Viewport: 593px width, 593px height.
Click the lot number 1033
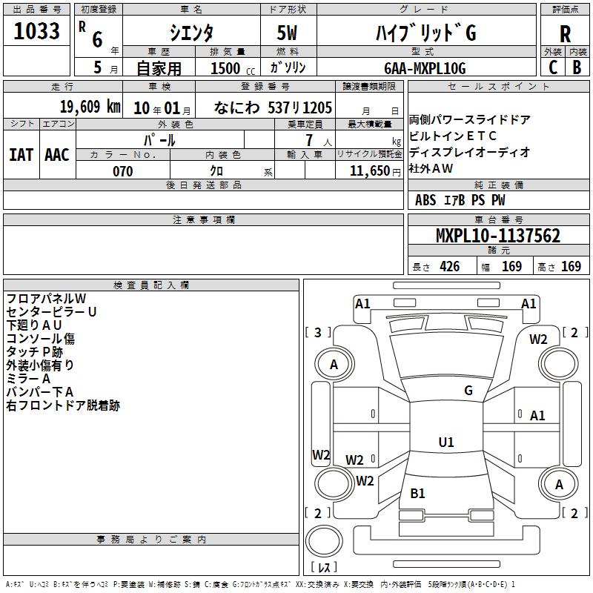[x=36, y=30]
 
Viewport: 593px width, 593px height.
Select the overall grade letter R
[x=565, y=34]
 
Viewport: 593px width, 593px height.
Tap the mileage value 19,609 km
[x=90, y=107]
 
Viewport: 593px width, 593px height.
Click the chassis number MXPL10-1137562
[x=498, y=236]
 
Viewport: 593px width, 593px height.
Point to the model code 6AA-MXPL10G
[x=425, y=68]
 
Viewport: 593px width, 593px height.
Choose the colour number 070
[x=123, y=171]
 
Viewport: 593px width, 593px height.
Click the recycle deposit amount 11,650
[x=370, y=171]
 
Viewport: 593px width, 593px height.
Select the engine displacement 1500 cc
[x=233, y=68]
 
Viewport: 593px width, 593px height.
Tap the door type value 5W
[x=287, y=33]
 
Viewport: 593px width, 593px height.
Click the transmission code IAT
[x=21, y=155]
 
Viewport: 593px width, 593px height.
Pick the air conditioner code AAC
[x=57, y=155]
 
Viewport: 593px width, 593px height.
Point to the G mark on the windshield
[x=468, y=390]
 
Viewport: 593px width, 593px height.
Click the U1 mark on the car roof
[x=446, y=442]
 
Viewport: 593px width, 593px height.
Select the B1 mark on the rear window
[x=417, y=493]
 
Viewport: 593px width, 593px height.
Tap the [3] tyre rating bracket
[x=318, y=332]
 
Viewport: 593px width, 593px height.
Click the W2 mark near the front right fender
[x=538, y=339]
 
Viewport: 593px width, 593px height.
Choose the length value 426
[x=450, y=266]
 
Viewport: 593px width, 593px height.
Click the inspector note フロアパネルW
[x=46, y=299]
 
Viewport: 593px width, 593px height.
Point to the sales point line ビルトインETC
[x=453, y=136]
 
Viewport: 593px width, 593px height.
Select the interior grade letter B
[x=577, y=67]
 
